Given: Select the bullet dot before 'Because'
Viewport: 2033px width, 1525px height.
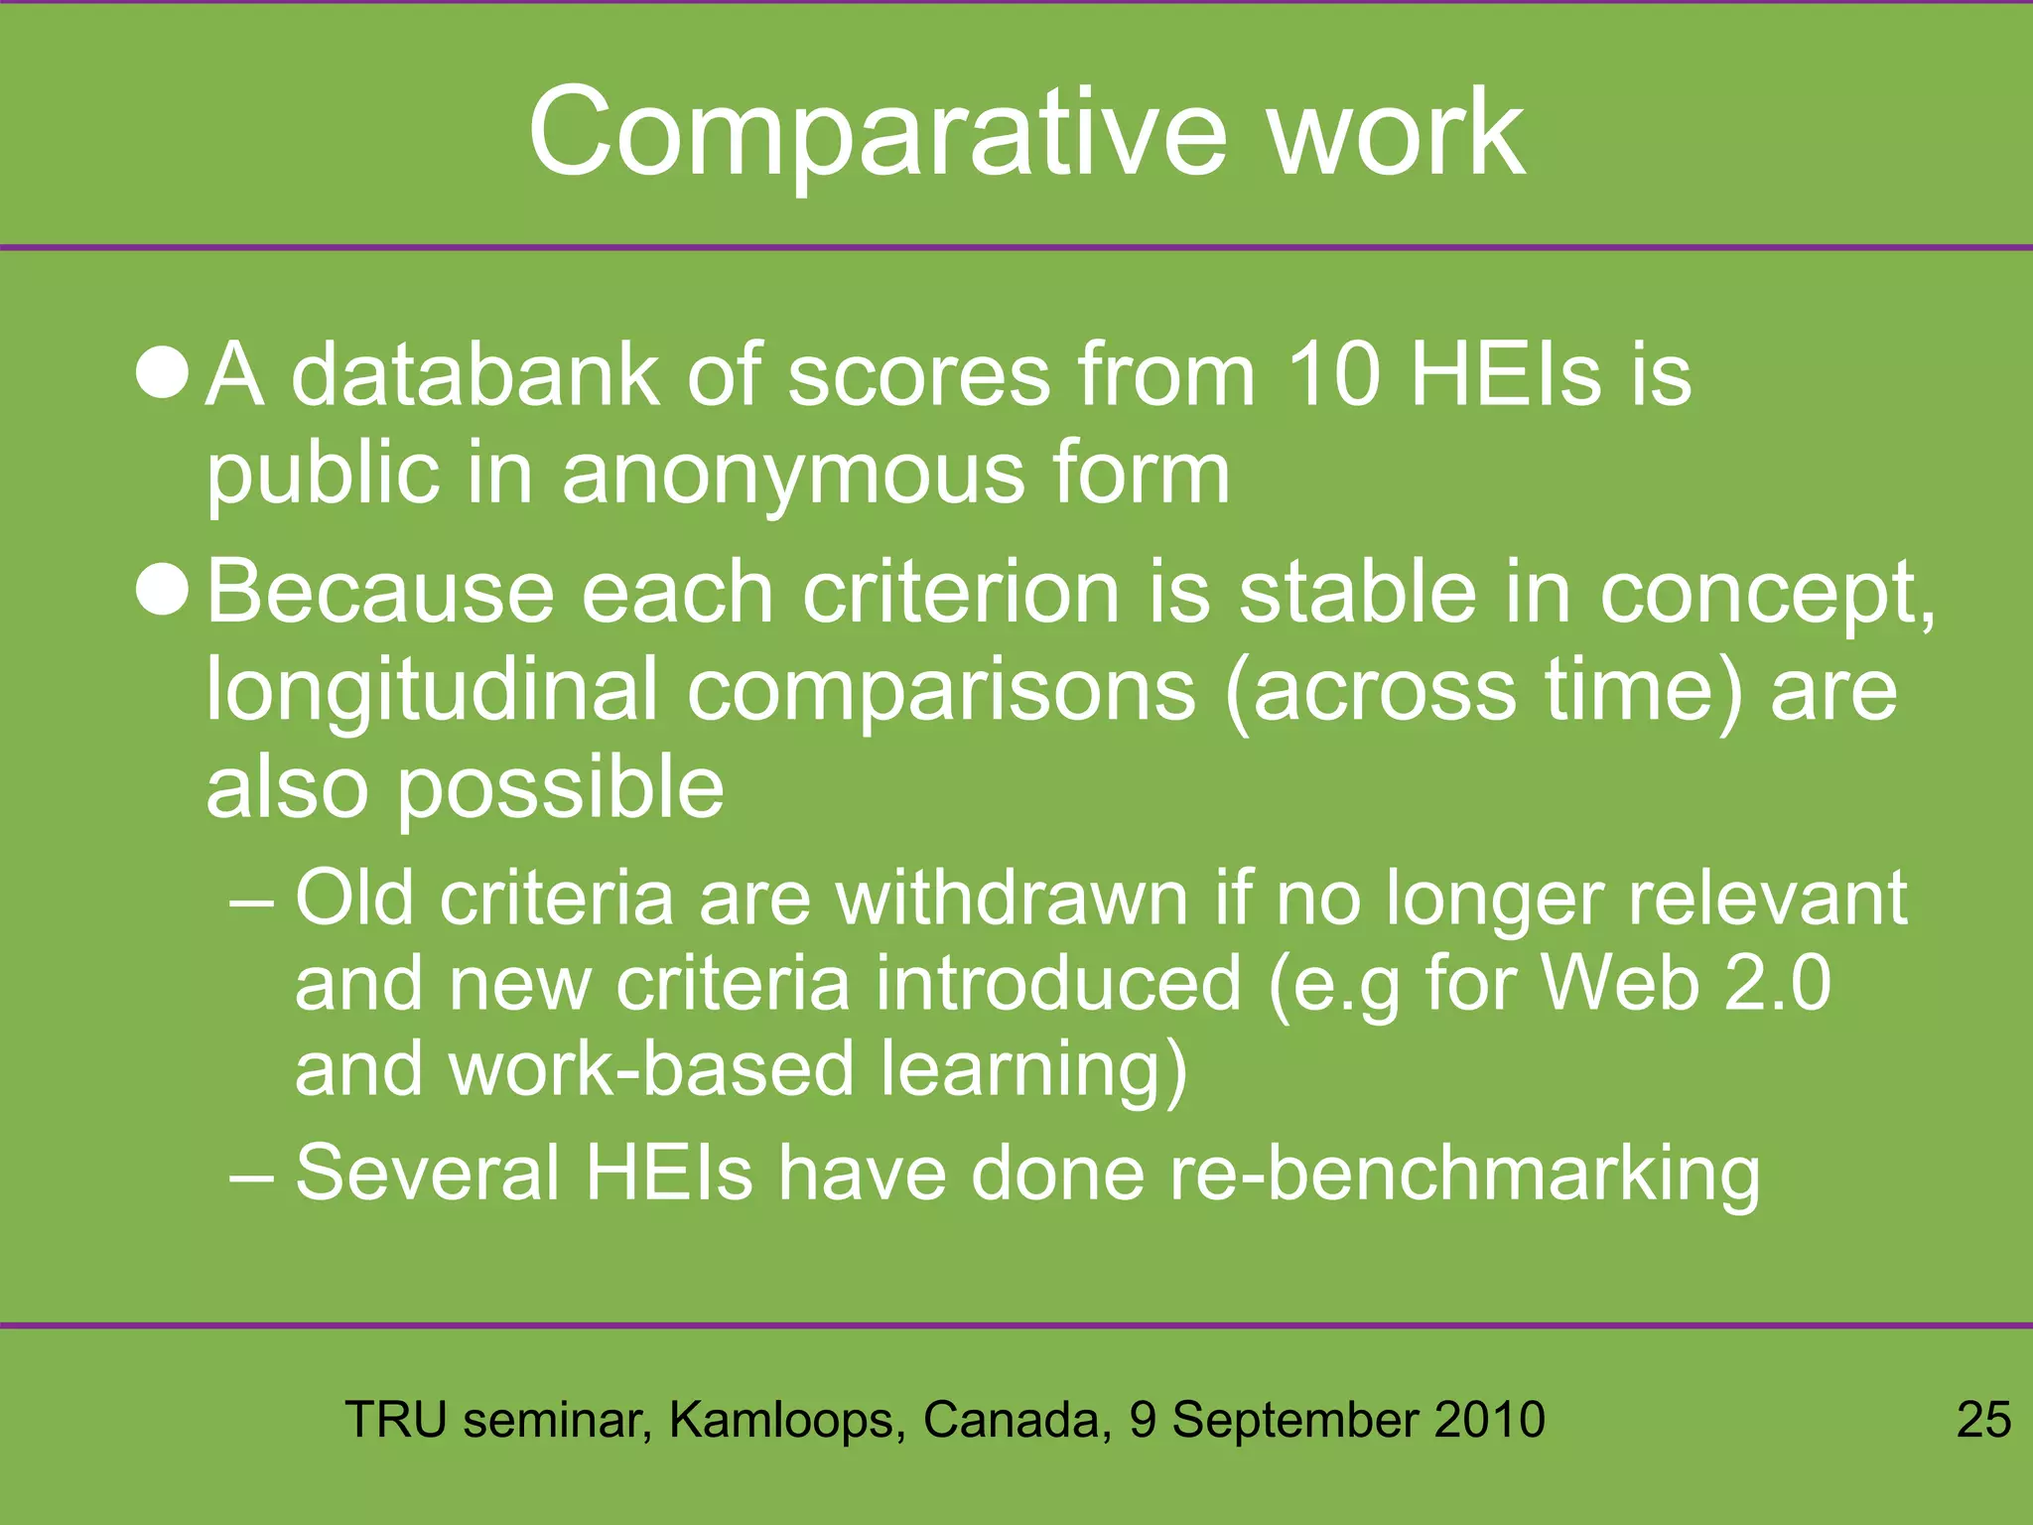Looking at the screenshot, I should click(x=162, y=590).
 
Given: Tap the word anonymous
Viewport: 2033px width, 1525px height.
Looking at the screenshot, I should click(x=794, y=474).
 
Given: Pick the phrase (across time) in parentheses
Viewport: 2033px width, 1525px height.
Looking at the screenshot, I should click(x=1483, y=691).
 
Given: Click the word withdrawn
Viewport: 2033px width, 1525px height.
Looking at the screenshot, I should click(x=1012, y=898).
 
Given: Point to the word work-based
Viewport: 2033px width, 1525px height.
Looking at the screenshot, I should click(x=651, y=1069).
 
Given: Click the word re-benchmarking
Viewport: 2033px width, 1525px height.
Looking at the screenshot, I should click(x=1463, y=1174).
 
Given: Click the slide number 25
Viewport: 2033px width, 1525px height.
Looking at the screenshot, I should click(x=1983, y=1419).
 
